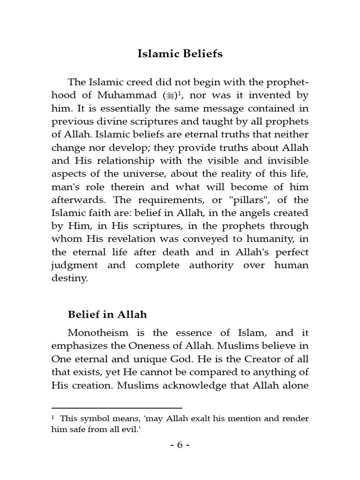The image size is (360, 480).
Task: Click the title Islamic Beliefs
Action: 180,54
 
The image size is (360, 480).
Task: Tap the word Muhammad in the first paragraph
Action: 128,96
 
